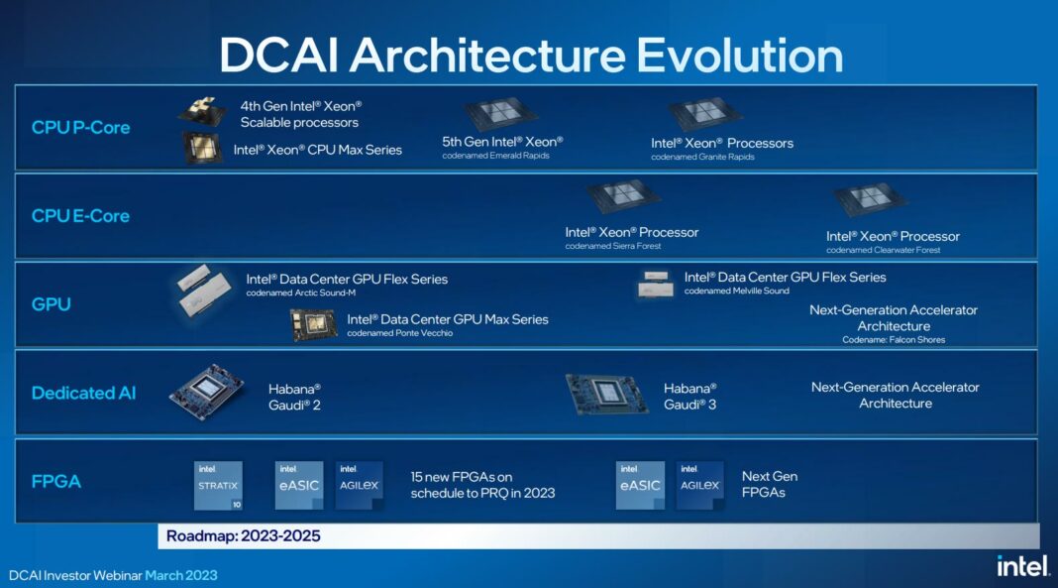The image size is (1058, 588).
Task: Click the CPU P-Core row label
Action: (80, 127)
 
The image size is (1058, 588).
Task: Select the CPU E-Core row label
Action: (80, 215)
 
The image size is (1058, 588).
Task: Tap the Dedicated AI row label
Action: (84, 393)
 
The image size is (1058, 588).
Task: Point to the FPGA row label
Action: (56, 482)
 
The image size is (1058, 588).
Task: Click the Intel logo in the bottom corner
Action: (1021, 565)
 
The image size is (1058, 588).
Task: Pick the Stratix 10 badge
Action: (218, 485)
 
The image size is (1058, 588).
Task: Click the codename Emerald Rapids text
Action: (495, 156)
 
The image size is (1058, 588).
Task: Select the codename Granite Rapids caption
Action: (702, 157)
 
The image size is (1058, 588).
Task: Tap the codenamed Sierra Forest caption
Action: (613, 246)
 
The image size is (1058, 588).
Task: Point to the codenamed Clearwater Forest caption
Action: (884, 250)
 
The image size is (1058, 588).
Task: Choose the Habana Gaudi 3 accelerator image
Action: (606, 393)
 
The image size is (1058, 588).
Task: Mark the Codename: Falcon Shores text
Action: (894, 340)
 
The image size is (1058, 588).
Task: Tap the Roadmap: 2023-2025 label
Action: (244, 536)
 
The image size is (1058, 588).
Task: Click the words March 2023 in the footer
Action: (181, 575)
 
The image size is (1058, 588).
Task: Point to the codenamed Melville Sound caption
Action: (737, 291)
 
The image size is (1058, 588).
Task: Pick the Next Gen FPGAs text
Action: (770, 484)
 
